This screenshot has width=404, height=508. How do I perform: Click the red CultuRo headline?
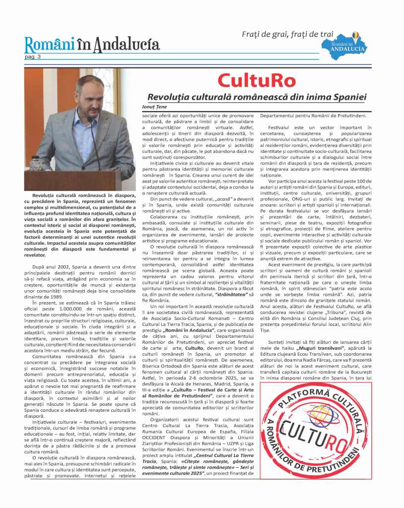(x=256, y=80)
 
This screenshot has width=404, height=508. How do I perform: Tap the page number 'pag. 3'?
(x=33, y=57)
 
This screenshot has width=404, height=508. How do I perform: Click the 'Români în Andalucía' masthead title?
(x=92, y=45)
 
